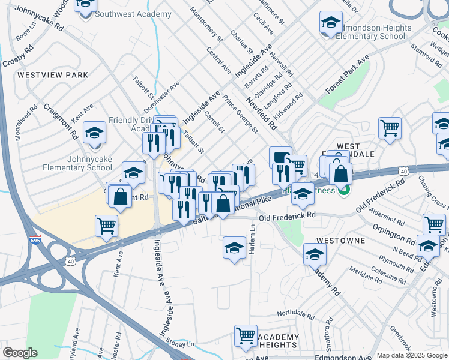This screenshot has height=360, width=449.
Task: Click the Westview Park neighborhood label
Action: coord(53,75)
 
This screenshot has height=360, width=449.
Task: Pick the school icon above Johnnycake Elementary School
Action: coord(94,133)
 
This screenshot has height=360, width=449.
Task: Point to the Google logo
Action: coord(20,353)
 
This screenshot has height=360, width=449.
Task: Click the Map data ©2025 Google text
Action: coord(412,355)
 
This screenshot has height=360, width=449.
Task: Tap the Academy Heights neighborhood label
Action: coord(277,341)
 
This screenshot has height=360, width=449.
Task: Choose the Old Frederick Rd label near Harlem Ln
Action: coord(287,215)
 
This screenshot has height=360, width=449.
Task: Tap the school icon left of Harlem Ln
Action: coord(234,247)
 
